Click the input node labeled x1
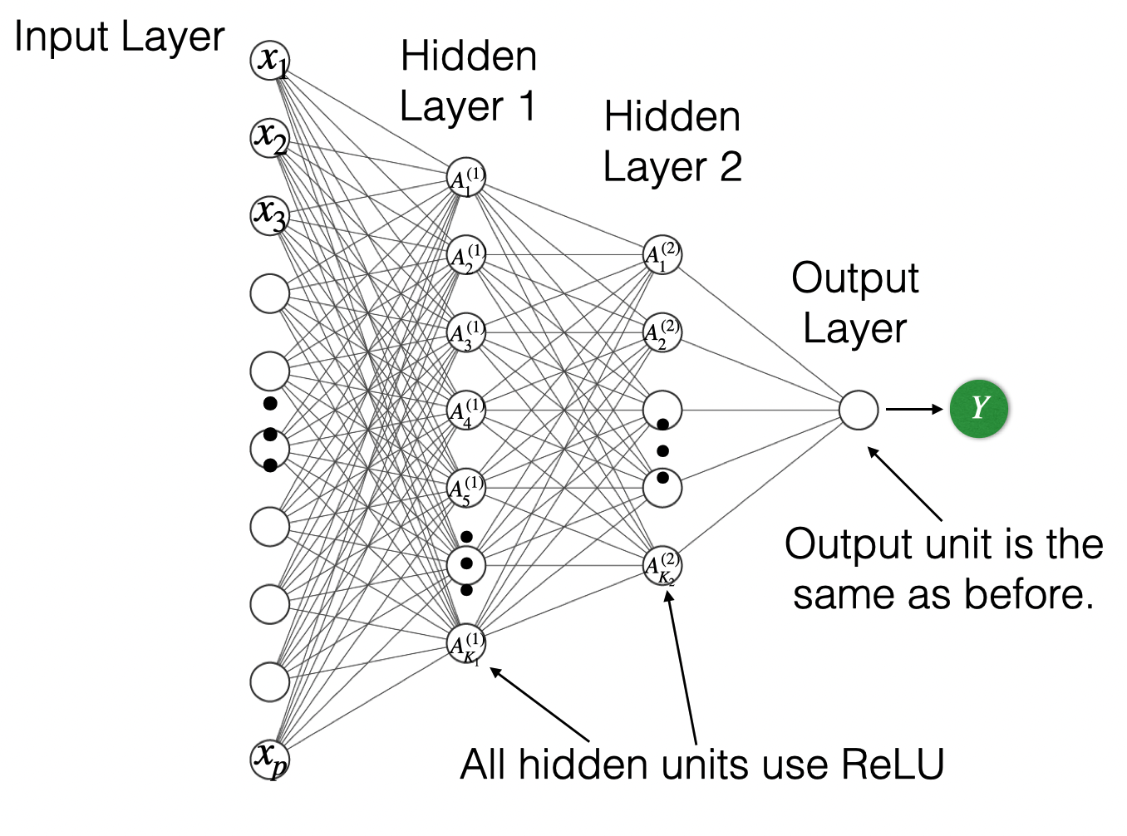click(x=270, y=61)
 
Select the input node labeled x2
click(x=270, y=136)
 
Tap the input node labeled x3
click(x=270, y=214)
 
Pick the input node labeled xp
click(x=270, y=759)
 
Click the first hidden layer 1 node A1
click(x=466, y=178)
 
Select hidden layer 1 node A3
click(x=466, y=333)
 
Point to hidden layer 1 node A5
click(x=466, y=488)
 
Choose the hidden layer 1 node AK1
click(x=466, y=644)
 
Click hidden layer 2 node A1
click(x=662, y=254)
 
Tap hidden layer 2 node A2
click(x=662, y=332)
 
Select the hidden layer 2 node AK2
click(x=662, y=566)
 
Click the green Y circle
click(x=979, y=409)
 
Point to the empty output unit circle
click(x=859, y=410)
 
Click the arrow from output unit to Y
click(x=914, y=409)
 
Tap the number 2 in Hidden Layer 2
click(x=731, y=167)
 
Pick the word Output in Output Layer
click(x=854, y=278)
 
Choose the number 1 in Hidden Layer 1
click(x=525, y=106)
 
